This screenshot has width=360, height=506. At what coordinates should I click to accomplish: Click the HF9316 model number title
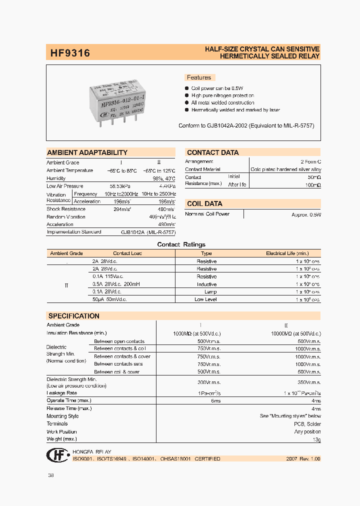coord(70,52)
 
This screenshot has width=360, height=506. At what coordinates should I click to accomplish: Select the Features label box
coord(199,77)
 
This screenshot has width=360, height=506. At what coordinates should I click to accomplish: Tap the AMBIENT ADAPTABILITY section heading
coord(87,152)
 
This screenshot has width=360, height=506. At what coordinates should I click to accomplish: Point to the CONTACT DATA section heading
coord(212,152)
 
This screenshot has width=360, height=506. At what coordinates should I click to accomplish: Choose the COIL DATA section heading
coord(204,203)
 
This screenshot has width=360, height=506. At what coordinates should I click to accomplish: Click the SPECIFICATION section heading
coord(73,316)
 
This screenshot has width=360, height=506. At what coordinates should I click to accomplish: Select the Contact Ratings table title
coord(181,244)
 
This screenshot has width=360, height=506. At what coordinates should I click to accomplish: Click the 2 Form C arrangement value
coord(310,162)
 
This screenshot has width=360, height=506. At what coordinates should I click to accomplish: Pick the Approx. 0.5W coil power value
coord(306,214)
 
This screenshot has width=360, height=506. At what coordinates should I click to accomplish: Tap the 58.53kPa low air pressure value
coord(120,186)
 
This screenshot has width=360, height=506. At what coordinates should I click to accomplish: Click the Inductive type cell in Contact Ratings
coord(206,284)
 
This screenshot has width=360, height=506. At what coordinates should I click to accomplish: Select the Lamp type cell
coord(210,291)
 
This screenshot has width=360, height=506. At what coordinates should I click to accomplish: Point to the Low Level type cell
coord(206,299)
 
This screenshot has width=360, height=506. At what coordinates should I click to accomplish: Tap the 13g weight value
coord(316,439)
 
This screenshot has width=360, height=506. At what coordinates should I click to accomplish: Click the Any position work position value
coord(307,431)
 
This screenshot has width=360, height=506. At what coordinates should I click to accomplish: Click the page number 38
coord(50,475)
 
